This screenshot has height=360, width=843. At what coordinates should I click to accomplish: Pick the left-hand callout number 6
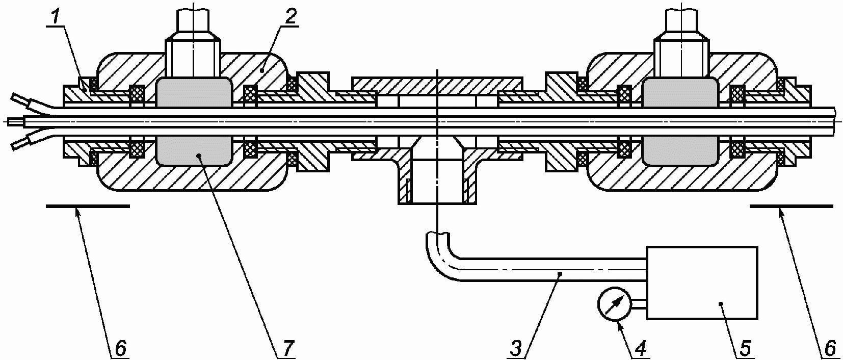(120, 349)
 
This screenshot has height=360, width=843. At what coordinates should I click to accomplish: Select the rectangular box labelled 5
(701, 283)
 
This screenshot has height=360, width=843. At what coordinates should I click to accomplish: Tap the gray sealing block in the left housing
(194, 122)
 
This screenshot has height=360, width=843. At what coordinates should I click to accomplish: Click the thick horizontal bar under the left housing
(87, 206)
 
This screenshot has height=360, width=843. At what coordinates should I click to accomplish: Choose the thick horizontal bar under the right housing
(791, 206)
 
